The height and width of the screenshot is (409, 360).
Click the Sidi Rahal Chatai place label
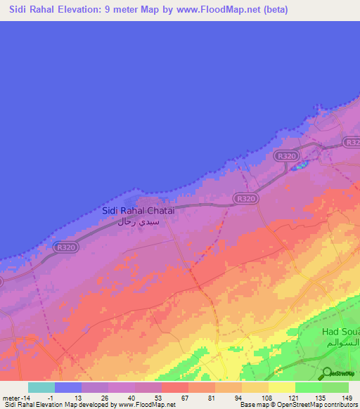(x=138, y=210)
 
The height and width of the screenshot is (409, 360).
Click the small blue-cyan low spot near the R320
(x=300, y=167)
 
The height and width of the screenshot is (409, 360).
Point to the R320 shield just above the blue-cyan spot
(x=286, y=156)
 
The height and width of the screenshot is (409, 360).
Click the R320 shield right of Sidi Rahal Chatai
(x=246, y=200)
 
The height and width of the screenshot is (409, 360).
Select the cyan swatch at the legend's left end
(x=41, y=387)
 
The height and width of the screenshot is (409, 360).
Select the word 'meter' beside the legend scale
(x=10, y=397)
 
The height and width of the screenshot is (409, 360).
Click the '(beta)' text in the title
(x=273, y=10)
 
